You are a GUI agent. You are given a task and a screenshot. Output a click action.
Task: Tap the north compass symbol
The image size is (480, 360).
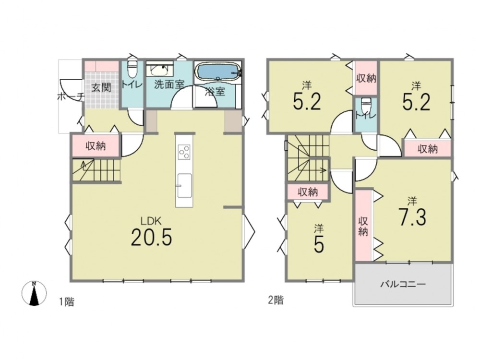click(34, 293)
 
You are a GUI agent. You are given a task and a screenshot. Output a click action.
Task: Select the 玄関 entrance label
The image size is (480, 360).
click(101, 88)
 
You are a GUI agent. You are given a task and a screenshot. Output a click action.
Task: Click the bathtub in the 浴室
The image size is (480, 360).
click(217, 72)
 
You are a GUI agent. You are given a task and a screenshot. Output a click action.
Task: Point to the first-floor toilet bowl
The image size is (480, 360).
click(132, 70)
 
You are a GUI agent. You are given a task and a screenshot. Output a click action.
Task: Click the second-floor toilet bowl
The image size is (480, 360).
click(366, 106)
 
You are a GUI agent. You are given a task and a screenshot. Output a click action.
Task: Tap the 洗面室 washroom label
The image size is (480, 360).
click(168, 85)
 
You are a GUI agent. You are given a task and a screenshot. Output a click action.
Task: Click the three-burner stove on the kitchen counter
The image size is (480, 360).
click(184, 152)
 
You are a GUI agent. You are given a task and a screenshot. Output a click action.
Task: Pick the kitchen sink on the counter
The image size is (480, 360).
click(184, 186)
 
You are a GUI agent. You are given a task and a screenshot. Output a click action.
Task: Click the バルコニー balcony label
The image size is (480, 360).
click(403, 284)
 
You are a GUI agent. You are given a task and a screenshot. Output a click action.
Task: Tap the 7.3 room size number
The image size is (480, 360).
click(412, 216)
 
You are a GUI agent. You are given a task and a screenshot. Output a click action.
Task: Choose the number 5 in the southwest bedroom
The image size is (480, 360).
click(319, 244)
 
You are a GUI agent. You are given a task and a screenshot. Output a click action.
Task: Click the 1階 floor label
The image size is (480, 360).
click(66, 302)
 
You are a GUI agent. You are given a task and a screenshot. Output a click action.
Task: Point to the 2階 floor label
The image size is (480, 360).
click(276, 300)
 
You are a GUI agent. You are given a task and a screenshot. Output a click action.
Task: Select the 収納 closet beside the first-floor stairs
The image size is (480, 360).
click(96, 146)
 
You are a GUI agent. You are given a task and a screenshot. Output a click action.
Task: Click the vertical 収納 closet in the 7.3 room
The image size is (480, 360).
click(363, 226)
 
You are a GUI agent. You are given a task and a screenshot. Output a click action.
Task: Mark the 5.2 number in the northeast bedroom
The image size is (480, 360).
click(416, 101)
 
